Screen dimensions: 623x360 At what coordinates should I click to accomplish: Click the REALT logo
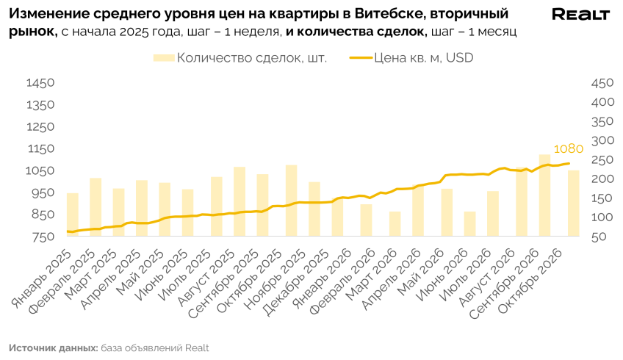[580, 14]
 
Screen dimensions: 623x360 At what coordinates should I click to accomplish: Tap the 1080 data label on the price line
[568, 149]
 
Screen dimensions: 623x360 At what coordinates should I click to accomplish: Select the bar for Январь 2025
[72, 215]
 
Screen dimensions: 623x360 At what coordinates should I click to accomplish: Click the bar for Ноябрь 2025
[291, 201]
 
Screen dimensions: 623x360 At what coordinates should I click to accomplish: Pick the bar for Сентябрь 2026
[544, 195]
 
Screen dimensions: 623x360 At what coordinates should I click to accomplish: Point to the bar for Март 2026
[395, 224]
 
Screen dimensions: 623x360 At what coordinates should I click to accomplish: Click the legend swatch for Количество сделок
[164, 58]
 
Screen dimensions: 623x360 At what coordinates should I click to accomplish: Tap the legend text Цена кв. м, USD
[424, 58]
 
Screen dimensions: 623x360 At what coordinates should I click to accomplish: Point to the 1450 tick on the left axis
[40, 83]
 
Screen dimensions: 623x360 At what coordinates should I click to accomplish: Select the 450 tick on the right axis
[602, 84]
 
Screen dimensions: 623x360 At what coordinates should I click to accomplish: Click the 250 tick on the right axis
[602, 160]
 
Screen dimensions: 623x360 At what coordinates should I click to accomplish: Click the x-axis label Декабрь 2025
[298, 283]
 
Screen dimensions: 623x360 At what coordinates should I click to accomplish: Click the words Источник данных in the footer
[53, 348]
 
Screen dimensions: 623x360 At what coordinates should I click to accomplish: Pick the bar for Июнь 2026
[469, 224]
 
